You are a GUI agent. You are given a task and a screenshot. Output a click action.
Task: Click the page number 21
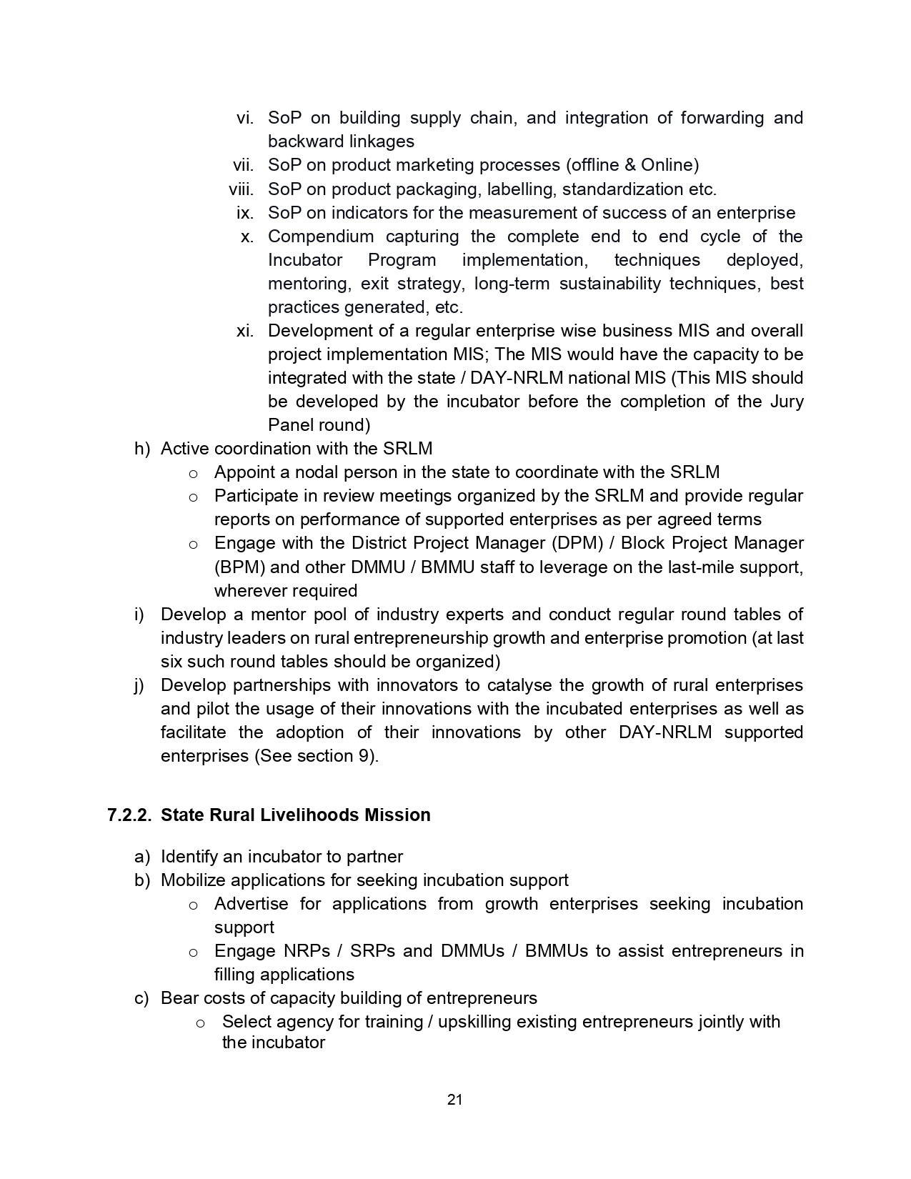[454, 1100]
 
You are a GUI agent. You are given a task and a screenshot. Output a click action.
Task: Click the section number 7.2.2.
[129, 815]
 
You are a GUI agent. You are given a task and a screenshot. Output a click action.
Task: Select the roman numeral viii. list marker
[241, 189]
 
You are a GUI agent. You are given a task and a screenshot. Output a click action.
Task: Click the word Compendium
[321, 237]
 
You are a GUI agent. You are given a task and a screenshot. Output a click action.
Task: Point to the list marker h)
[142, 449]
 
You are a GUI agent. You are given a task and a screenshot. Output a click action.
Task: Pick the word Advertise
[251, 904]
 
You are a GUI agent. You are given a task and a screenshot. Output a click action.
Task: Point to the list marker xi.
[245, 331]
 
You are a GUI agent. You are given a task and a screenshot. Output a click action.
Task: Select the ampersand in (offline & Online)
[629, 165]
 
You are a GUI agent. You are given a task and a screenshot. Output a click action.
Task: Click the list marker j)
[139, 685]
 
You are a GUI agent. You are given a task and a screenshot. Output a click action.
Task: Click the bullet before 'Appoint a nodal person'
[193, 473]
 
